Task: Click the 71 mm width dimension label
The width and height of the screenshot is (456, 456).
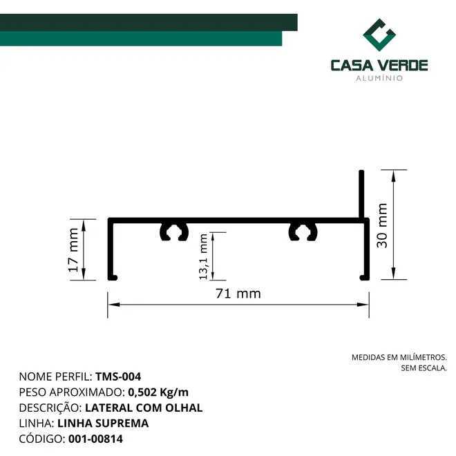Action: [x=238, y=294]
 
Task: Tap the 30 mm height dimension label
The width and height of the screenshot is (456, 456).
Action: [x=382, y=225]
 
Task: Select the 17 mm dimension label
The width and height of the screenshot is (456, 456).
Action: [x=73, y=250]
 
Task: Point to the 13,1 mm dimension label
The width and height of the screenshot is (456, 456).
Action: [x=203, y=256]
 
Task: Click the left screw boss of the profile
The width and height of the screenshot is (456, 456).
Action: [x=174, y=232]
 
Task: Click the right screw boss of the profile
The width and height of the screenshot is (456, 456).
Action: [x=303, y=232]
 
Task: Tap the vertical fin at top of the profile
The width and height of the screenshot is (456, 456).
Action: [x=361, y=193]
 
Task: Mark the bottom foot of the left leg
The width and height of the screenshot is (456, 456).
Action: [x=113, y=278]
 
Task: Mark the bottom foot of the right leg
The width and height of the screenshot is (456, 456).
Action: [x=364, y=278]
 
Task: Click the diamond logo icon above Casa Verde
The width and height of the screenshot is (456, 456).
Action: [x=379, y=35]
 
